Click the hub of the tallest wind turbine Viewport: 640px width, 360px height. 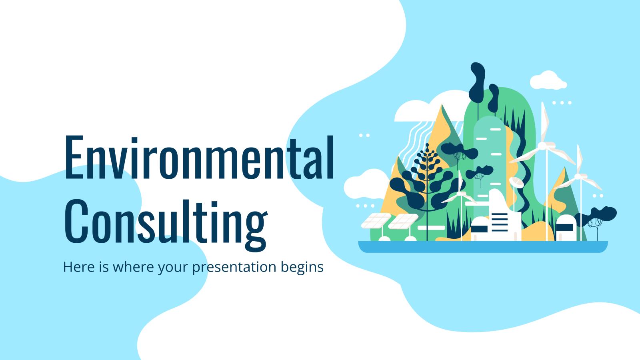click(543, 145)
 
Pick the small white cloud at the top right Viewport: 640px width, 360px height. click(548, 80)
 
